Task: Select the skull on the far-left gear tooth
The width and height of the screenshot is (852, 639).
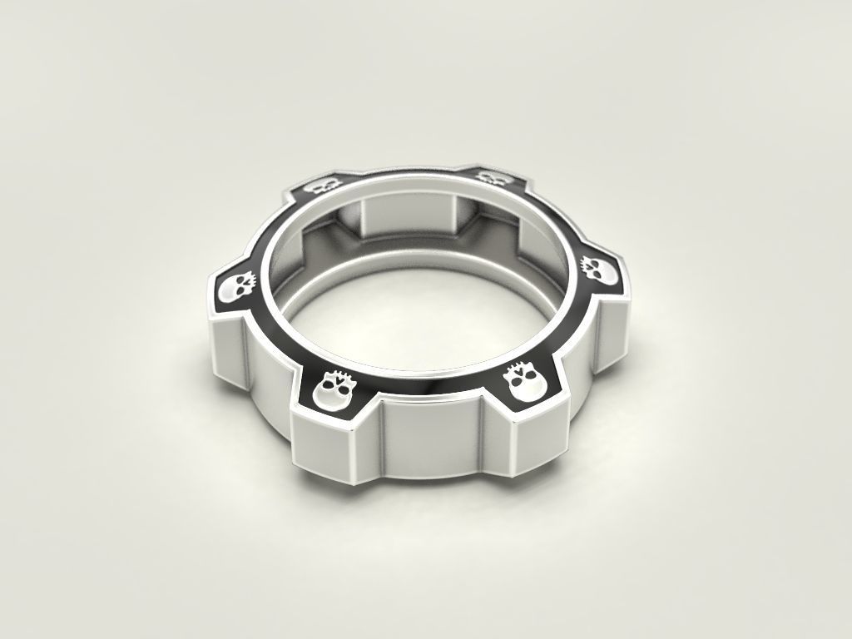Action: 235,289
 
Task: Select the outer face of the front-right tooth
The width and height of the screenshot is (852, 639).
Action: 536,440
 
